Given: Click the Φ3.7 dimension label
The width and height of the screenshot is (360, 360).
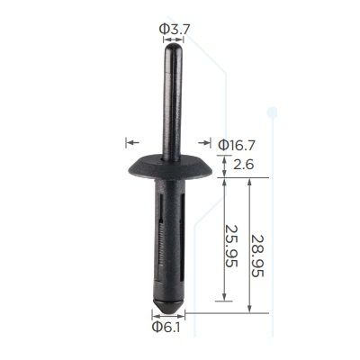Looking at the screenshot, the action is [x=175, y=30].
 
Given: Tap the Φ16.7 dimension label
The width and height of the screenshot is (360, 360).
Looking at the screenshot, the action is [x=237, y=146].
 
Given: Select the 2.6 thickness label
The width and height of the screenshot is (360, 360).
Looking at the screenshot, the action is [x=244, y=165].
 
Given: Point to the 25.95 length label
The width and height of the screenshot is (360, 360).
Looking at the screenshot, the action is [x=232, y=246].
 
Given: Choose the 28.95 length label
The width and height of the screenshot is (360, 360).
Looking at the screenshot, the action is [x=257, y=256].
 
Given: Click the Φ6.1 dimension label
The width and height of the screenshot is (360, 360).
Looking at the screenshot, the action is [x=166, y=327].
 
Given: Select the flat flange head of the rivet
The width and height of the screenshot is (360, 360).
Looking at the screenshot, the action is [x=170, y=166].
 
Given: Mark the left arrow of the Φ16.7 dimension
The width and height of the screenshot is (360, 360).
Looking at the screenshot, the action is [x=132, y=142].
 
